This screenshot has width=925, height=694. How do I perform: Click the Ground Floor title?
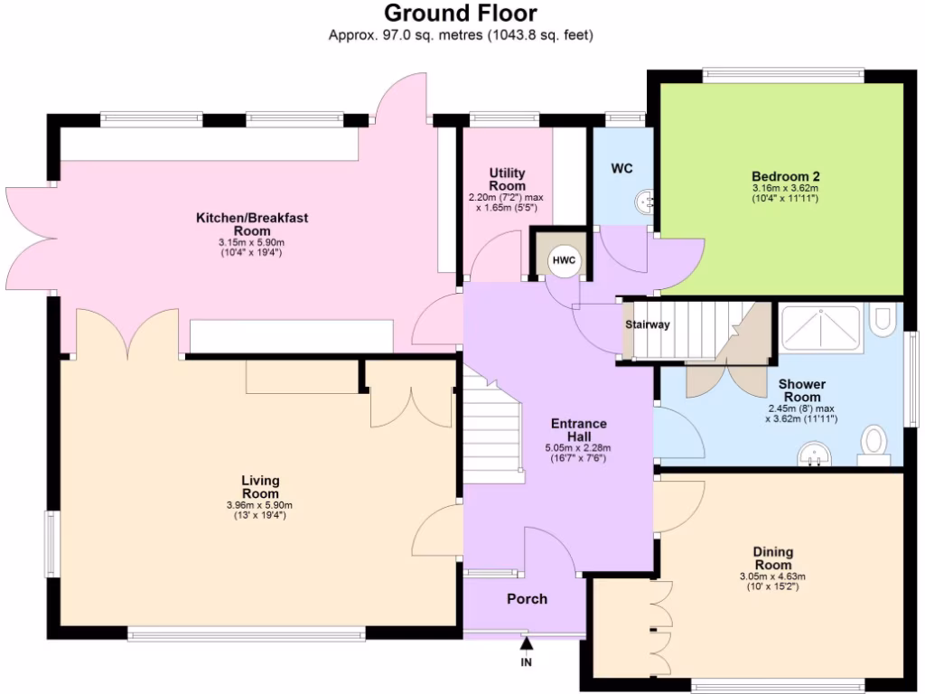point(461,14)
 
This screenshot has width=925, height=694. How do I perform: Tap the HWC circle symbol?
point(565,259)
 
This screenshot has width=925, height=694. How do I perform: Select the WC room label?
point(621,168)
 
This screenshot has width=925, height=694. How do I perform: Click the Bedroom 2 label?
point(785,176)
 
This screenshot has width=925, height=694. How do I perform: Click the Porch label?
point(527,599)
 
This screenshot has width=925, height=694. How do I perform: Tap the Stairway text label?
point(648,325)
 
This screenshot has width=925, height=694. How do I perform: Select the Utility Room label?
point(507,179)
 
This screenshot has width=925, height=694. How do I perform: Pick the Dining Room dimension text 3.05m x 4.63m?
point(772,577)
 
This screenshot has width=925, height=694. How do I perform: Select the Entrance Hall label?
point(578,429)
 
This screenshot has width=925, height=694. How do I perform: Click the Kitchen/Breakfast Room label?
point(252,224)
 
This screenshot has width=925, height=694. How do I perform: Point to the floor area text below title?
point(461,36)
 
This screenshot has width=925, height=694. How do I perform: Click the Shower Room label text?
point(801,390)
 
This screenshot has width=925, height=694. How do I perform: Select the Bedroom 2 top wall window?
point(783,75)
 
